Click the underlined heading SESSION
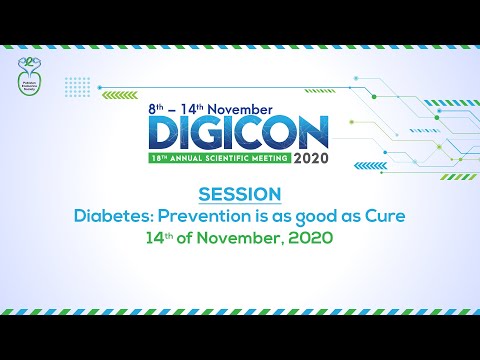240,192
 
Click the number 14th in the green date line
159,239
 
